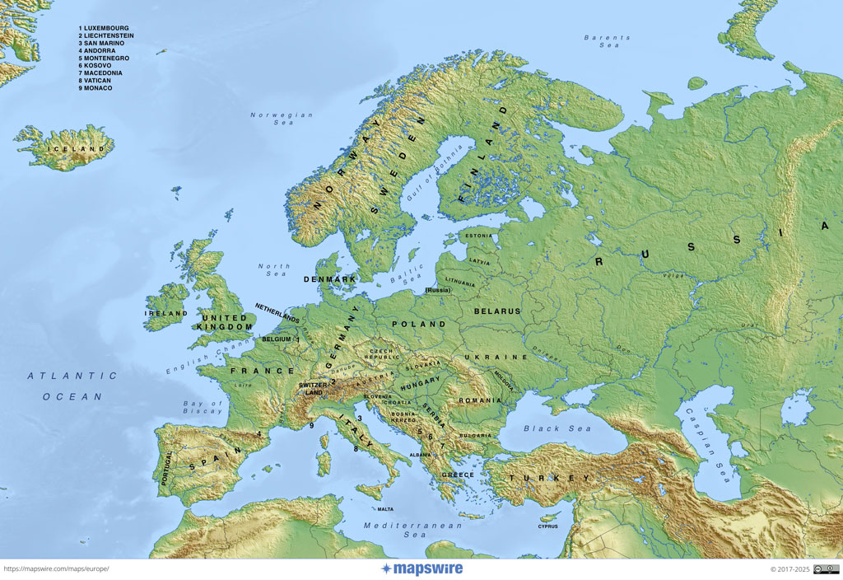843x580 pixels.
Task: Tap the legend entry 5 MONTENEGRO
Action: click(x=103, y=58)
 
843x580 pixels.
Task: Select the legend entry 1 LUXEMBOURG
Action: click(x=104, y=29)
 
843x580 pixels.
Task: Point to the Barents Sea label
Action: click(x=607, y=41)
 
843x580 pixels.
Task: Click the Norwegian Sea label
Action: click(x=282, y=119)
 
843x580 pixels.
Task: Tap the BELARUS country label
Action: click(x=497, y=311)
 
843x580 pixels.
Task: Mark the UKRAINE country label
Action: click(x=495, y=358)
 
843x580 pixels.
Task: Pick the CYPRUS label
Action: click(x=547, y=526)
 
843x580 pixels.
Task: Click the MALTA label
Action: click(x=385, y=509)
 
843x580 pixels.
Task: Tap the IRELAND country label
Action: click(x=166, y=314)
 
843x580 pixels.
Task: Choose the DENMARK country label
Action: click(x=329, y=279)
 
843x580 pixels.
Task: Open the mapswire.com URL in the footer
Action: click(x=56, y=568)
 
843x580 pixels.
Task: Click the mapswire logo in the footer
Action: click(x=421, y=568)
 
